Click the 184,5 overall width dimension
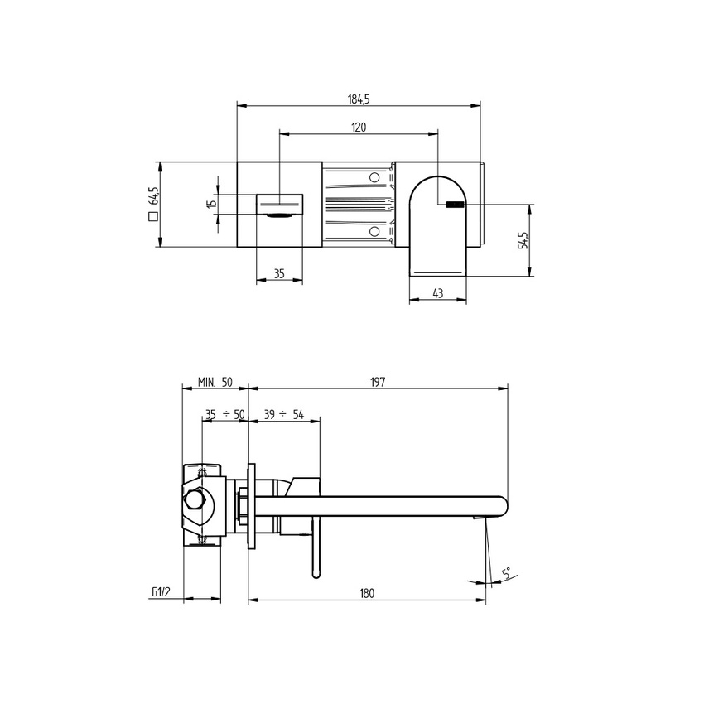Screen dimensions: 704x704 (358, 99)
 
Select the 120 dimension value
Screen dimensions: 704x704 (358, 127)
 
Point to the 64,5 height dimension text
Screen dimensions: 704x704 (153, 196)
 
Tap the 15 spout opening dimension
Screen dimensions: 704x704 (212, 202)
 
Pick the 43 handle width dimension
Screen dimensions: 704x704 (438, 293)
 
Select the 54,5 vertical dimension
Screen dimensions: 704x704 (523, 240)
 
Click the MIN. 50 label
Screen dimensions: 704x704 (215, 382)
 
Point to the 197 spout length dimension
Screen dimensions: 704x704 (378, 382)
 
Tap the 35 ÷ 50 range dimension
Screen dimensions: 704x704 (224, 414)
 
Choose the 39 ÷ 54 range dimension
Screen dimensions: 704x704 (283, 414)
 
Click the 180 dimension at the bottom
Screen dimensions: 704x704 (367, 593)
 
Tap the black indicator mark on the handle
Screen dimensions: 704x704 (456, 204)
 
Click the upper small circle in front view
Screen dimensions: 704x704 (374, 178)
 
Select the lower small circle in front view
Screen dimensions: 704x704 (374, 231)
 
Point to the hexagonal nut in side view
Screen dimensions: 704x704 (196, 501)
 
